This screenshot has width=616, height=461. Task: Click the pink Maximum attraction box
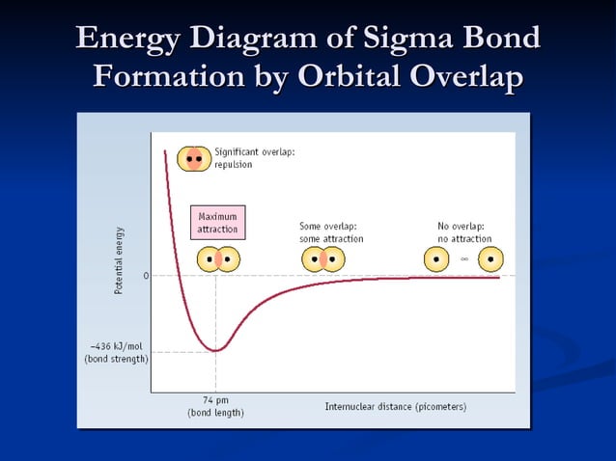217,223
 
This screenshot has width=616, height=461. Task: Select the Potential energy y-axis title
119,260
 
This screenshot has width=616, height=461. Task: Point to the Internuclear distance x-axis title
395,406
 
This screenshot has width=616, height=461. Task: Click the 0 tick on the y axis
146,276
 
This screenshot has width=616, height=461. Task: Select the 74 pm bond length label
215,405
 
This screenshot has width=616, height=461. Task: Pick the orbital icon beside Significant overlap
194,157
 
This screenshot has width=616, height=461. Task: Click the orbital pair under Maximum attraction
217,259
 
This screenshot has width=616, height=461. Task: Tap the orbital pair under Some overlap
322,259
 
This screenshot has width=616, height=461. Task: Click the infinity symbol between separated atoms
464,258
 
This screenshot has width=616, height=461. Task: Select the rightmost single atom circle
491,258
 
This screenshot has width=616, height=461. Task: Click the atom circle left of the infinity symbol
437,258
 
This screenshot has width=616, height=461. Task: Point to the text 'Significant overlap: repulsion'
254,158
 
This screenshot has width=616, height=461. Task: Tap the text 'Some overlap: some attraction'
331,231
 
